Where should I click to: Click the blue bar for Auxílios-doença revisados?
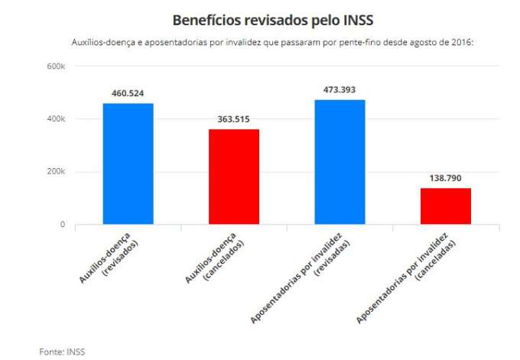click(128, 164)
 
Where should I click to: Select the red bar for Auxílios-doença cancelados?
click(234, 177)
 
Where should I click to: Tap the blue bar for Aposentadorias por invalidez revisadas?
click(340, 162)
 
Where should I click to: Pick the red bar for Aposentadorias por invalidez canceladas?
click(446, 206)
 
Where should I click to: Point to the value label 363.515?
click(234, 119)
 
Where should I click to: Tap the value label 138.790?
click(446, 177)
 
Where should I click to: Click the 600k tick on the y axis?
click(54, 66)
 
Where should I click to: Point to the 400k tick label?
click(54, 119)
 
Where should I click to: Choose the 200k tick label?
click(54, 172)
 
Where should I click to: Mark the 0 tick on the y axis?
click(62, 225)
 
